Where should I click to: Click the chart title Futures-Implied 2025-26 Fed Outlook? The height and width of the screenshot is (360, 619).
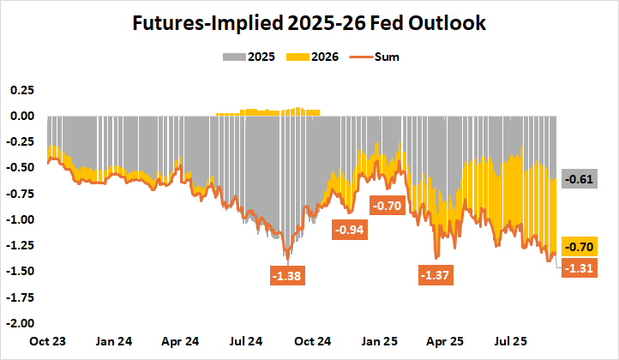pos(309,23)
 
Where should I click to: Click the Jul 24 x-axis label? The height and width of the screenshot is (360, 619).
pos(247,341)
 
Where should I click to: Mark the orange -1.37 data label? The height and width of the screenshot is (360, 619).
pos(436,275)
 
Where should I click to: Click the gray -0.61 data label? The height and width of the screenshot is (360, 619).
pos(578,179)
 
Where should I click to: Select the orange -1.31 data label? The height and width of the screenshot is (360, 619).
pos(578,267)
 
